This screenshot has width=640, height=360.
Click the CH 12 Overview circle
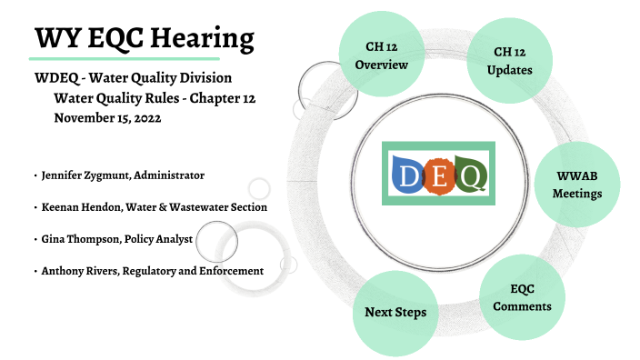click(x=381, y=55)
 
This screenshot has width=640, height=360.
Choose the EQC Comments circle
click(x=521, y=297)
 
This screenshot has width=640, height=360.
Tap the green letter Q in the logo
click(x=469, y=174)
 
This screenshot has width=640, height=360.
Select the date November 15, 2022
click(x=106, y=117)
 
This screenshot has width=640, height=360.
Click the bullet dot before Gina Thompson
click(x=34, y=239)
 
